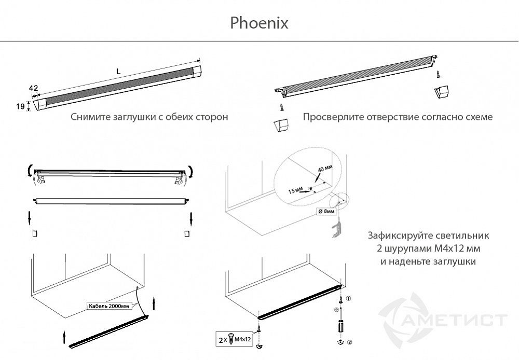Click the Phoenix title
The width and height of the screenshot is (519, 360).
(258, 23)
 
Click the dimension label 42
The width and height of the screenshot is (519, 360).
(33, 88)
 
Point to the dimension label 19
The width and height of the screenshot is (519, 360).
(20, 106)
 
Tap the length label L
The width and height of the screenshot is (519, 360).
(118, 72)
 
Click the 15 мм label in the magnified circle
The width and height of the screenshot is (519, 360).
(296, 191)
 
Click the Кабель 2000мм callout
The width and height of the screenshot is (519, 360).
(108, 306)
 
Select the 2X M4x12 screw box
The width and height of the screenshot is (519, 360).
(235, 340)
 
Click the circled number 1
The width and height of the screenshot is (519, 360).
(349, 299)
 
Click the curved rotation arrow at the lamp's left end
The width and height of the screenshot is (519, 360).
(28, 171)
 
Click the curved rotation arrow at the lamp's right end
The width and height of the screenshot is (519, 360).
(193, 171)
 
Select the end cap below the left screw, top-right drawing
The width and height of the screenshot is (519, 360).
(280, 126)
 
